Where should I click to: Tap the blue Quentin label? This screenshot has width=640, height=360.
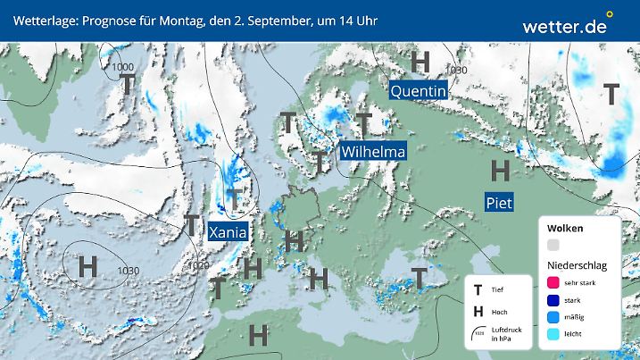(418, 90)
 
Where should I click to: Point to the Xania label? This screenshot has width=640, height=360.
(227, 232)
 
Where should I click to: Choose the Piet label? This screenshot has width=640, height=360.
(498, 203)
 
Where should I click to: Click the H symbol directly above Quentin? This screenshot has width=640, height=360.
(420, 62)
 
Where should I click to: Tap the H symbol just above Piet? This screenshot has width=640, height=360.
(501, 169)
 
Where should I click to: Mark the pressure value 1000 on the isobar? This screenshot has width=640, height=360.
(124, 67)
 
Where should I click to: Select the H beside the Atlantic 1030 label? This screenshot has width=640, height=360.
(87, 266)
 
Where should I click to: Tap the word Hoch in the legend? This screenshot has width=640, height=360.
(500, 312)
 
